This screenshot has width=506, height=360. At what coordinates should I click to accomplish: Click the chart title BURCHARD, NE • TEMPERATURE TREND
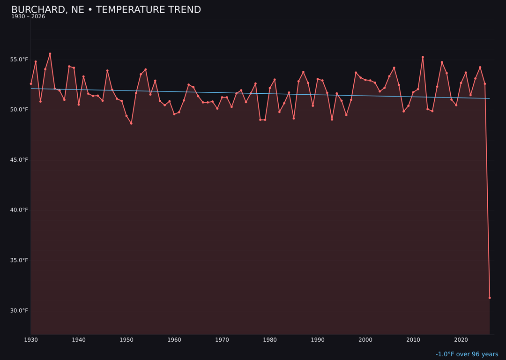[x=106, y=10]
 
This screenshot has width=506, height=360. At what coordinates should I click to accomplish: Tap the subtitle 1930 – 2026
[x=28, y=17]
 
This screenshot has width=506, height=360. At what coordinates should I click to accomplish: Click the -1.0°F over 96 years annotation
[x=467, y=354]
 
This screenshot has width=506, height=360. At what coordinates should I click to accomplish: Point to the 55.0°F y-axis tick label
[x=19, y=60]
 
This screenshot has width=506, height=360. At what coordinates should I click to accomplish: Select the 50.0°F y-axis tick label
[x=19, y=110]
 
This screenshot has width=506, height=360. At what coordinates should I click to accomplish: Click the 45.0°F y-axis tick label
[x=19, y=160]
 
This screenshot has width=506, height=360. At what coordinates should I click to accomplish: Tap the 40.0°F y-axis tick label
[x=19, y=210]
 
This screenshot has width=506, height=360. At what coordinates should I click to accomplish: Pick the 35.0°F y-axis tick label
[x=19, y=260]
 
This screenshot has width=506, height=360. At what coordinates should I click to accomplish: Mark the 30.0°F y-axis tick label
[x=19, y=310]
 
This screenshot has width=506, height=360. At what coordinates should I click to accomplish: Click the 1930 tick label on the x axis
[x=31, y=340]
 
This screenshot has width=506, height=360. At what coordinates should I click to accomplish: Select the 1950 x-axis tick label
[x=126, y=340]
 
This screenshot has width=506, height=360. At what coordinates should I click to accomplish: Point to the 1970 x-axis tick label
[x=222, y=340]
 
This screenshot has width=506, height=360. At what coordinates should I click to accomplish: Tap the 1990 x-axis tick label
[x=318, y=340]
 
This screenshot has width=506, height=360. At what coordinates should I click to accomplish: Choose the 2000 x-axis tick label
[x=365, y=340]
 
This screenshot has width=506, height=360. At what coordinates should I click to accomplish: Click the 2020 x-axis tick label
[x=461, y=340]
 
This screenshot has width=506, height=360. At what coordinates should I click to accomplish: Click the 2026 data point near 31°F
[x=490, y=298]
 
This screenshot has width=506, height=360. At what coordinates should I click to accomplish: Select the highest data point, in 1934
[x=50, y=54]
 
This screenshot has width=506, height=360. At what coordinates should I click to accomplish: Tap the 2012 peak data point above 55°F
[x=423, y=57]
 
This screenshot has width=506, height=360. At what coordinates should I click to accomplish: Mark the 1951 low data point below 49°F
[x=131, y=123]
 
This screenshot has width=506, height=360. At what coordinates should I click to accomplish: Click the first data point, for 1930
[x=31, y=84]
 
